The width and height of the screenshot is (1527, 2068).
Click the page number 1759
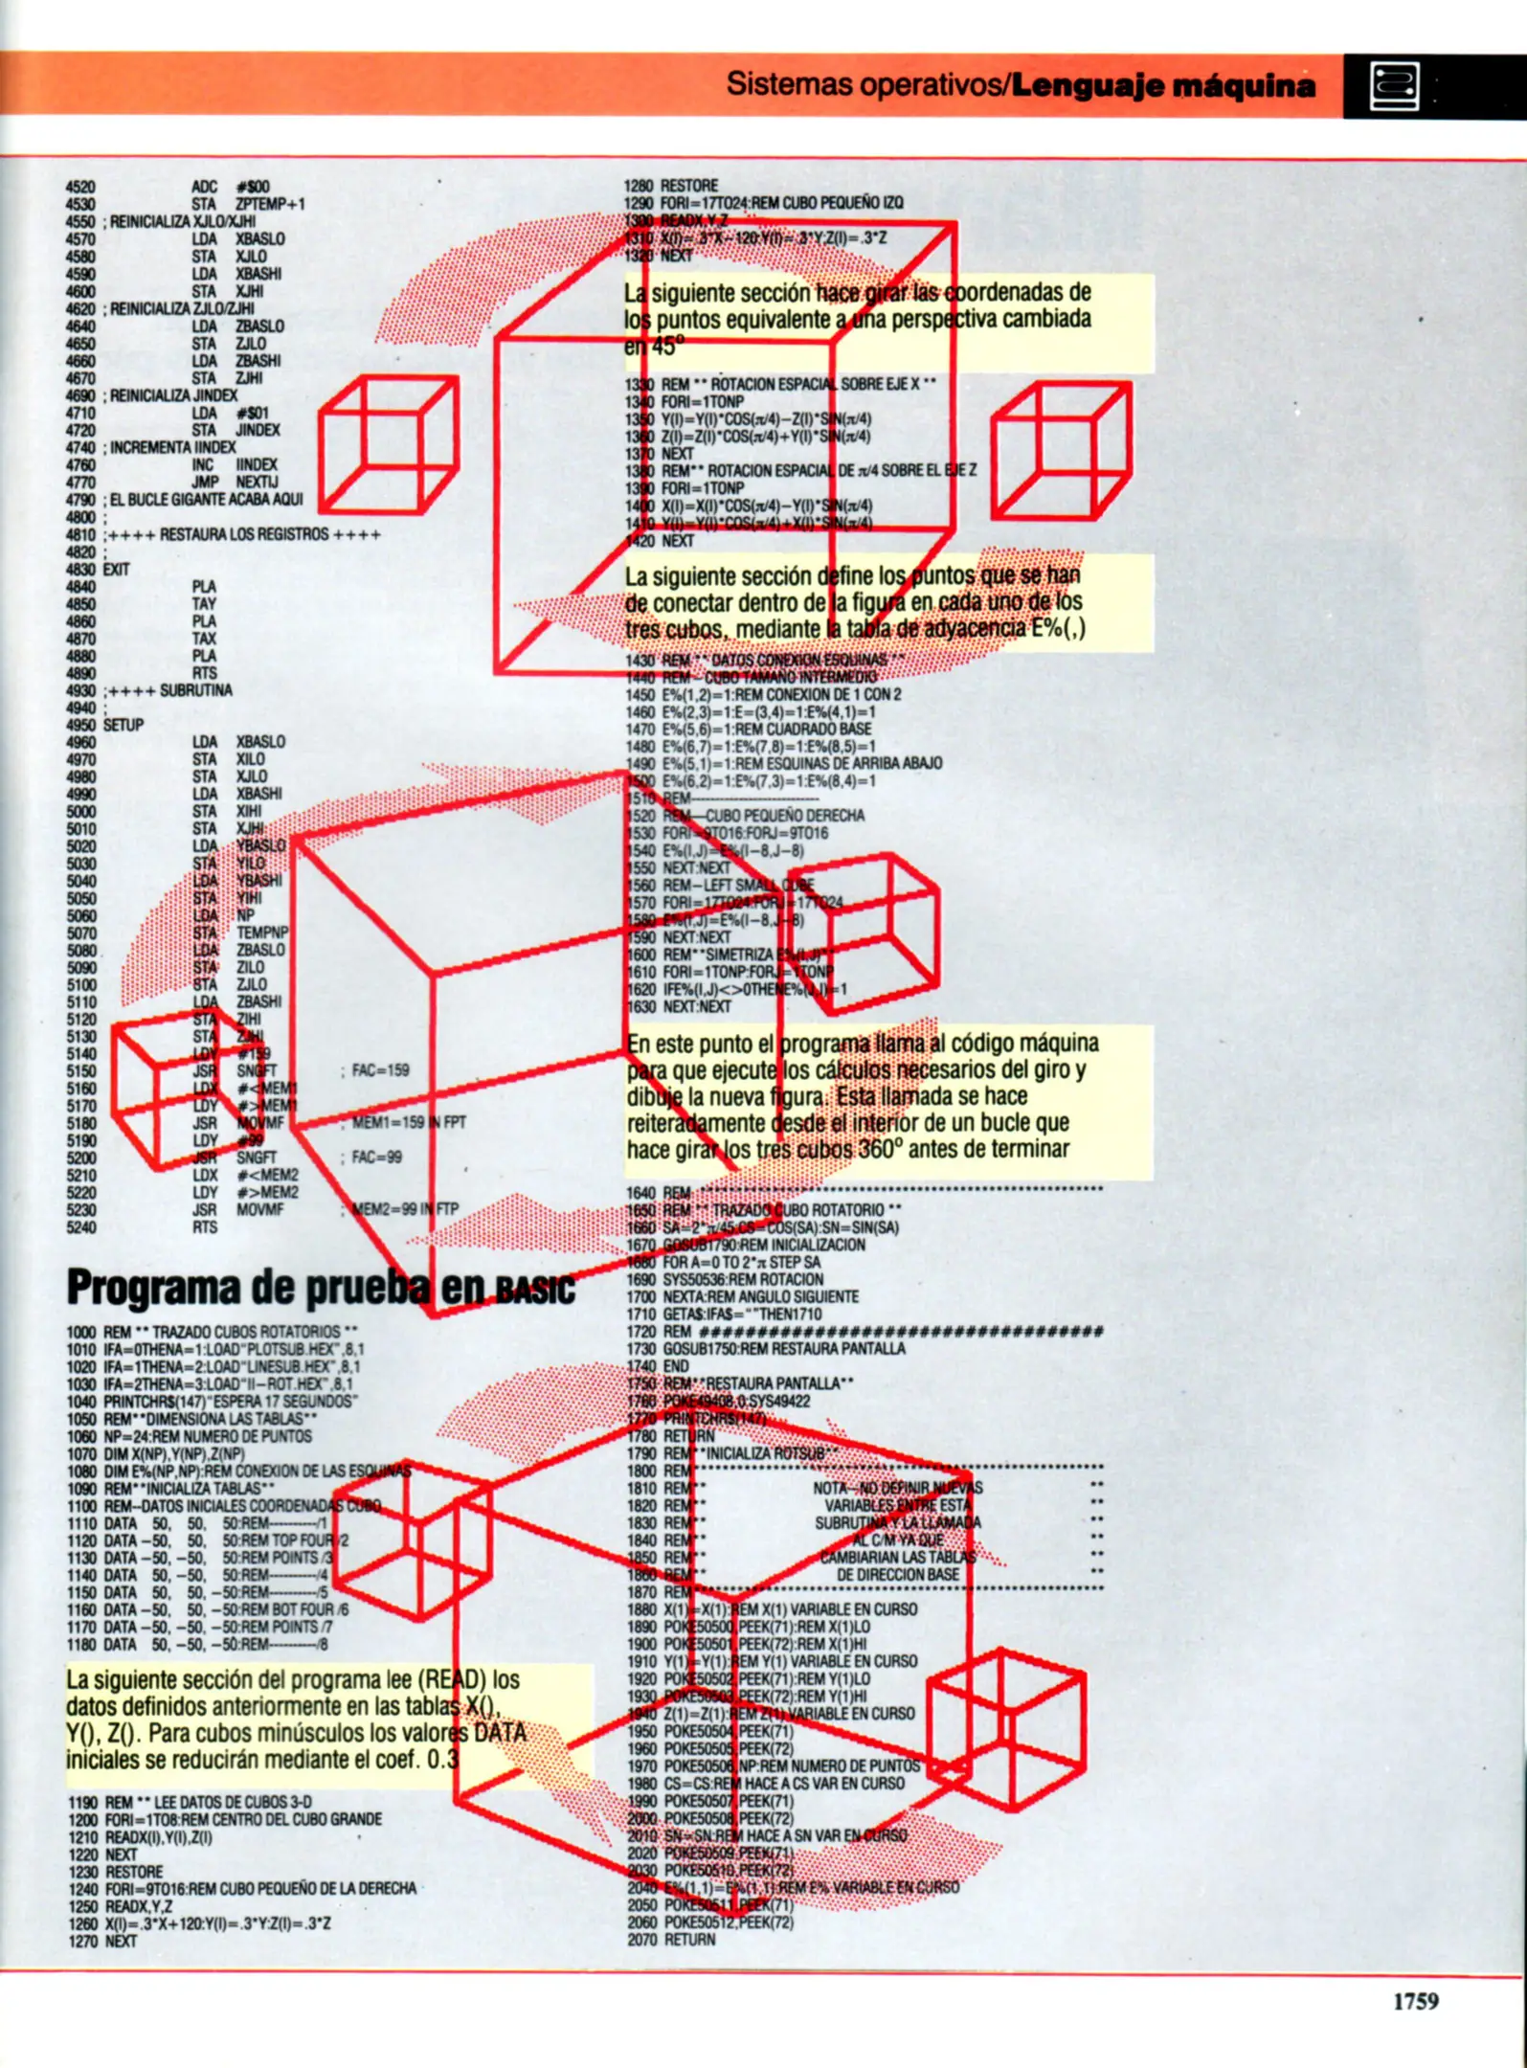tap(1415, 2002)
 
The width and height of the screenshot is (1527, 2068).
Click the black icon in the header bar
tap(1394, 86)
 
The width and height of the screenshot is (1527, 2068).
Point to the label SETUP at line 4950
tap(124, 725)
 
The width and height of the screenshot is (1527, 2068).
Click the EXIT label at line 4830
tap(116, 569)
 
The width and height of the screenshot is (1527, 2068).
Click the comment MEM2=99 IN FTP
tap(402, 1209)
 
